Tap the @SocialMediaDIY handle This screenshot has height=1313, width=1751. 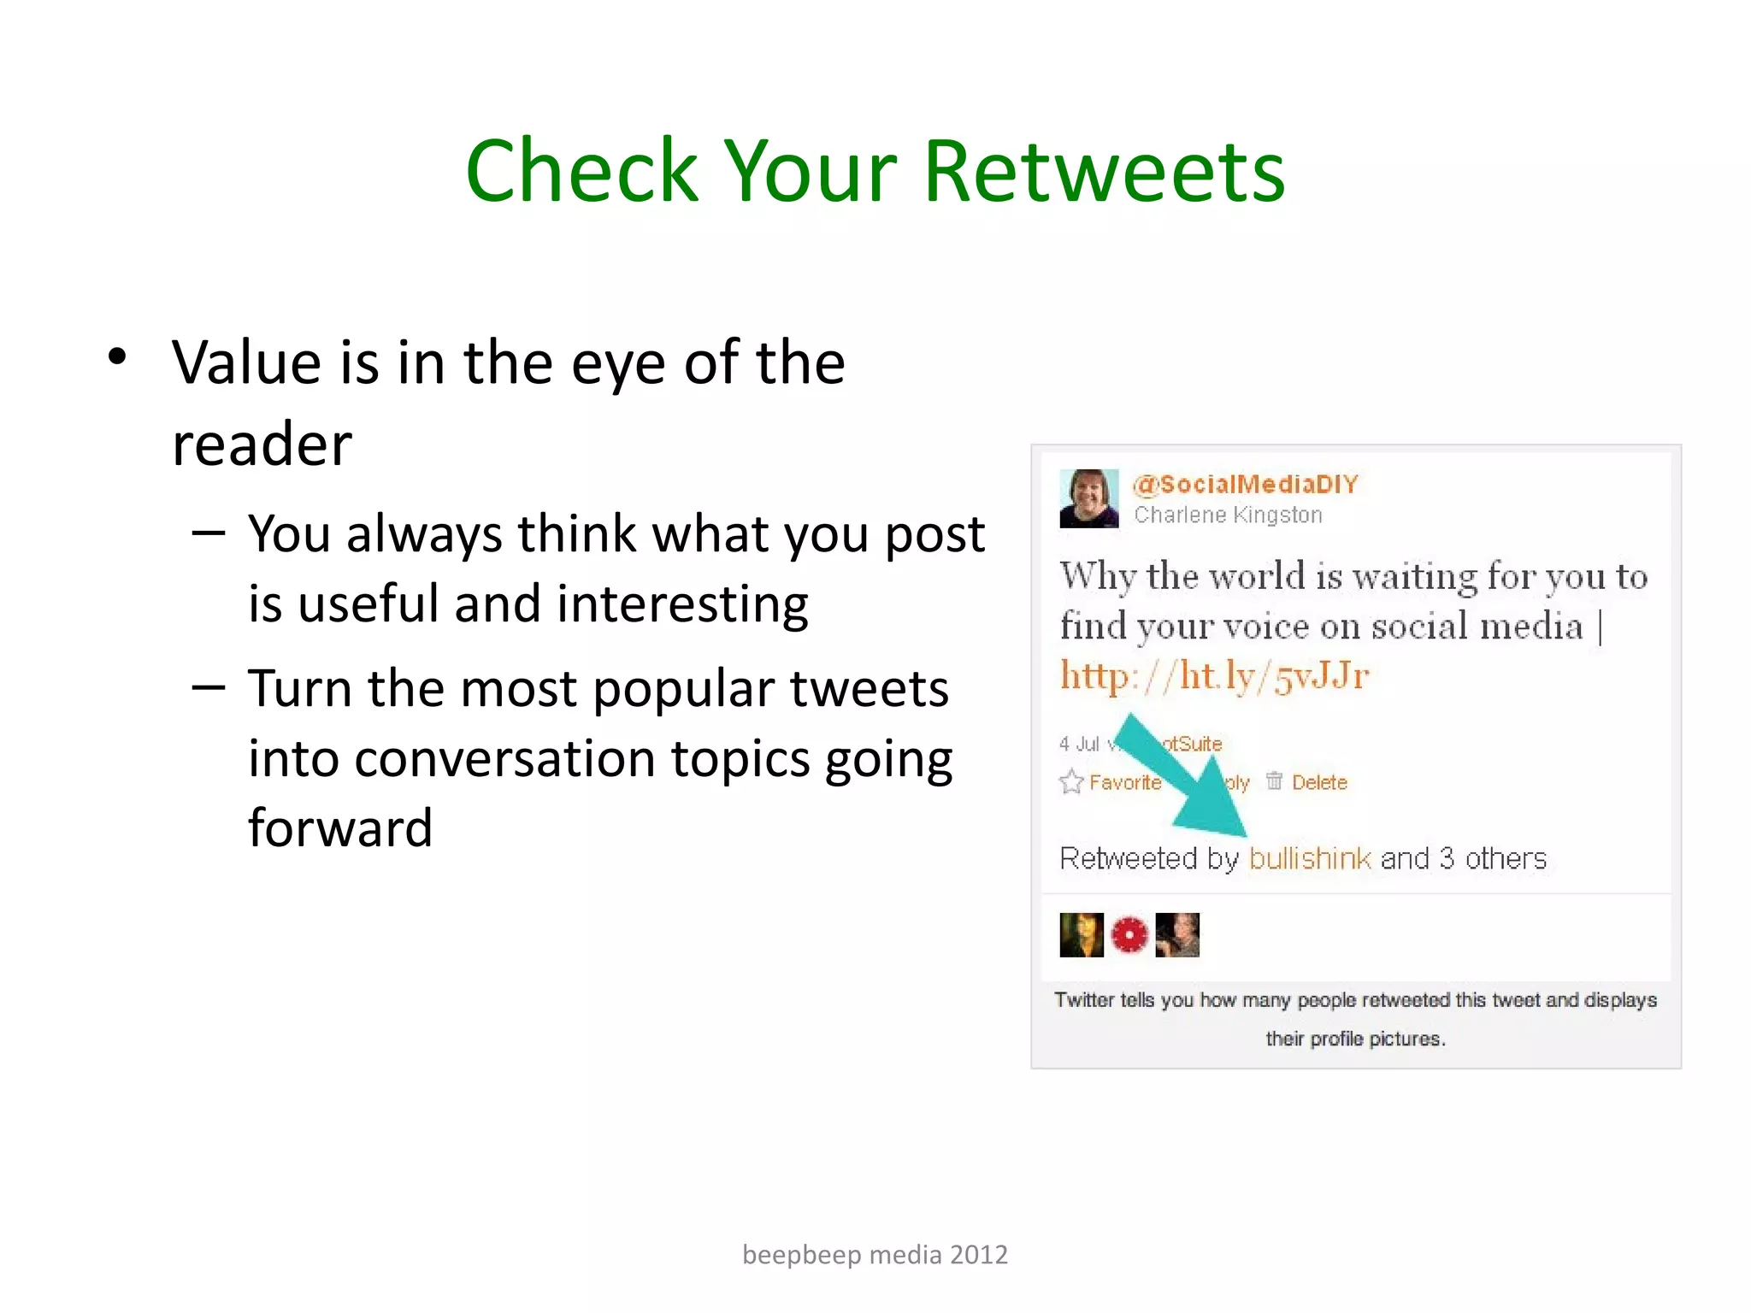(x=1246, y=485)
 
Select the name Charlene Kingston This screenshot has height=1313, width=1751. (x=1228, y=515)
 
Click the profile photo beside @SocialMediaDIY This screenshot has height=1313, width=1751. (x=1088, y=498)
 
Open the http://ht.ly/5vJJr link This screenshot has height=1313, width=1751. (x=1214, y=676)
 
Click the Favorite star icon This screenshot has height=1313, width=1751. (x=1071, y=782)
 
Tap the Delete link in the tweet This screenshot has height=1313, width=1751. (x=1319, y=782)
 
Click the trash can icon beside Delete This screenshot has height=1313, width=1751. (x=1274, y=780)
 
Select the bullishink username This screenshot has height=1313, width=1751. (x=1310, y=858)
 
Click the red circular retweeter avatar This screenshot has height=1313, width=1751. (x=1129, y=934)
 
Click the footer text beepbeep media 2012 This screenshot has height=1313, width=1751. (x=875, y=1254)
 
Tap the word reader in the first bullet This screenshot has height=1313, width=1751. (x=262, y=445)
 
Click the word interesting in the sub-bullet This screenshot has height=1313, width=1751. (x=682, y=604)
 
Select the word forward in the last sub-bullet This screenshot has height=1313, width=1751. (x=340, y=827)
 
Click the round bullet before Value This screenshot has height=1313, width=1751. (x=118, y=356)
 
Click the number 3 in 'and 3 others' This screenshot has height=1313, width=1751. (x=1447, y=858)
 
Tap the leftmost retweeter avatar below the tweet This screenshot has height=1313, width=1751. (x=1082, y=934)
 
